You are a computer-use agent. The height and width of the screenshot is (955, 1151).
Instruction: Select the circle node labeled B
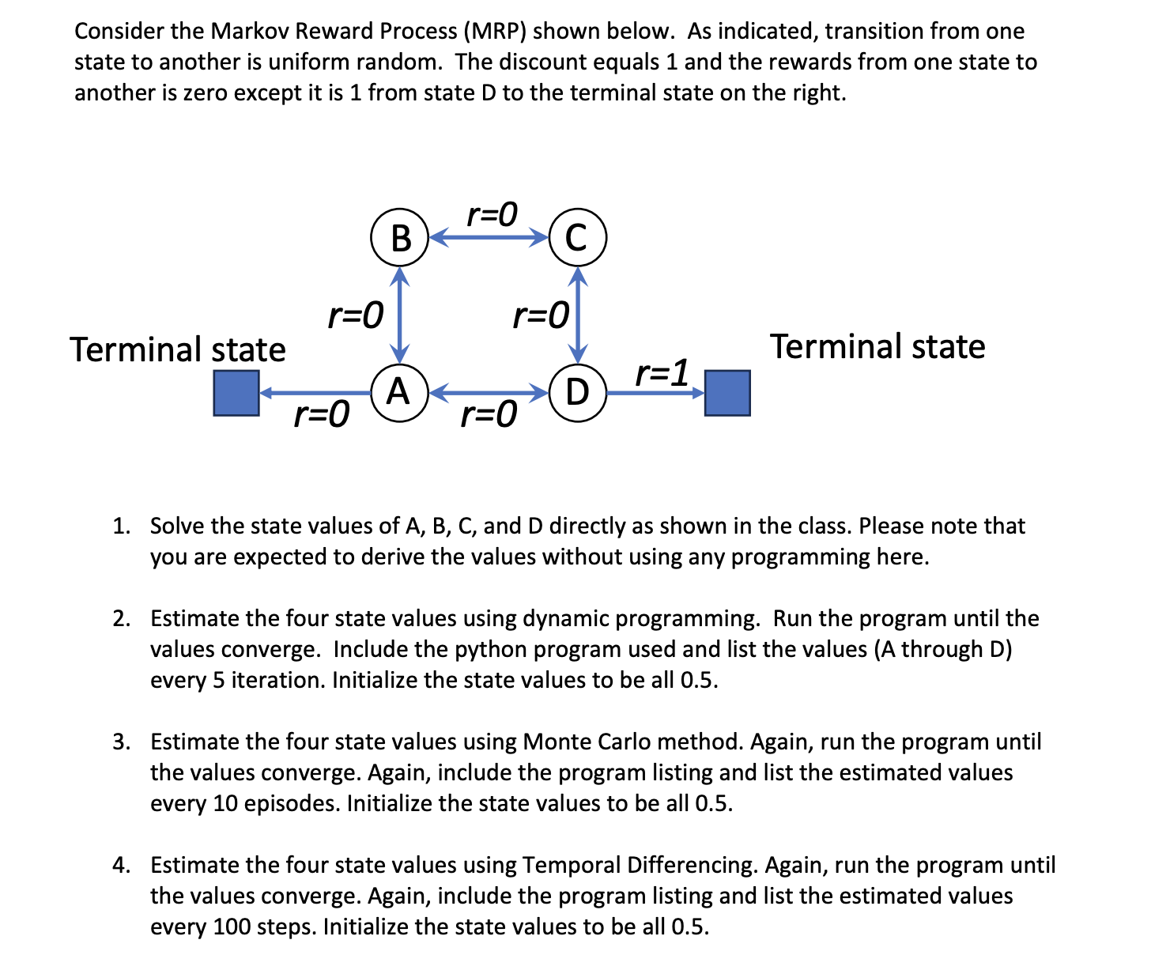click(400, 237)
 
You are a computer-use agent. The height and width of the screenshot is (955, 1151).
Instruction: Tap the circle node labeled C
click(577, 237)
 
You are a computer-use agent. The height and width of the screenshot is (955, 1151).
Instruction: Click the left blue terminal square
click(236, 393)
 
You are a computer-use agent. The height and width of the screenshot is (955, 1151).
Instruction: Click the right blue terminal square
click(726, 393)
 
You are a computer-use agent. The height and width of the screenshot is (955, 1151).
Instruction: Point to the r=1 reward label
click(662, 372)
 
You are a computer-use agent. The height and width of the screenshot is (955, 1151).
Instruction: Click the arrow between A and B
click(401, 315)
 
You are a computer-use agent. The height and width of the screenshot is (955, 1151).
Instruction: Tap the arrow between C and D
click(579, 315)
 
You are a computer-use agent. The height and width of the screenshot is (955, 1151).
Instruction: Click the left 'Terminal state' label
click(178, 349)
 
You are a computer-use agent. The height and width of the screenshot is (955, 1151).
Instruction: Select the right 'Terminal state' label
click(877, 346)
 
